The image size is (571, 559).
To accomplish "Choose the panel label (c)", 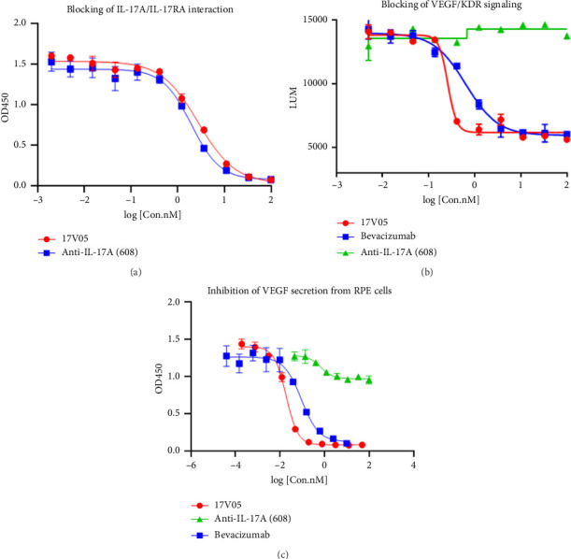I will pyautogui.click(x=284, y=552).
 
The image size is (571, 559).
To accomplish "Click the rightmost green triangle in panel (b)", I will pyautogui.click(x=566, y=36).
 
